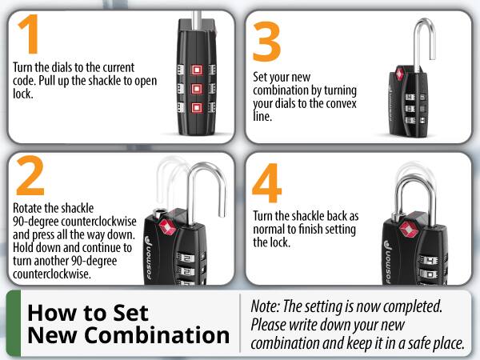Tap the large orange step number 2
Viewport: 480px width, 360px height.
[30, 178]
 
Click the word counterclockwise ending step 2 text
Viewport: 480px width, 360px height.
[50, 274]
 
